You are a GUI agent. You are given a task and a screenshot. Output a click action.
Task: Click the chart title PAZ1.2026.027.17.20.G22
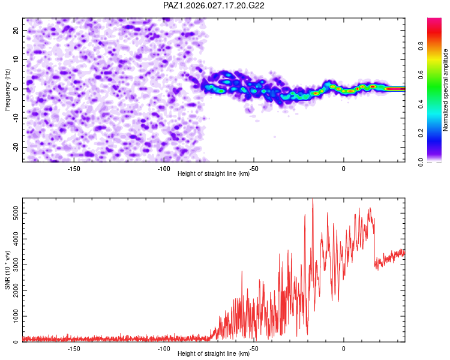(x=214, y=5)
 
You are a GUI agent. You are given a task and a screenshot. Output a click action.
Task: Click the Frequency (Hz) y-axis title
(x=7, y=90)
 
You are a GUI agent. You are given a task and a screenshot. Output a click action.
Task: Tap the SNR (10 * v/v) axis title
(x=7, y=270)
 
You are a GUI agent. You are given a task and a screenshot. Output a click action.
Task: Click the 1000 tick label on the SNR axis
(x=13, y=316)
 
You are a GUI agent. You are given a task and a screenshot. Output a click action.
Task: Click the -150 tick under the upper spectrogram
(x=74, y=169)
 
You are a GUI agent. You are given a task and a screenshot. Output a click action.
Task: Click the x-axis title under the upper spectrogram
(x=214, y=174)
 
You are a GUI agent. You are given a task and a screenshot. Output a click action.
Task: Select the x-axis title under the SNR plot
(x=214, y=354)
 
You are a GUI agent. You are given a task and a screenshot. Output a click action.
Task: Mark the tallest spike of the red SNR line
(x=312, y=200)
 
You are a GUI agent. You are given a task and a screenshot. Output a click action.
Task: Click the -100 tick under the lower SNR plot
(x=164, y=349)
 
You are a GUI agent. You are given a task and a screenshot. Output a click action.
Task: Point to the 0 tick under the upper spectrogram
(x=344, y=169)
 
